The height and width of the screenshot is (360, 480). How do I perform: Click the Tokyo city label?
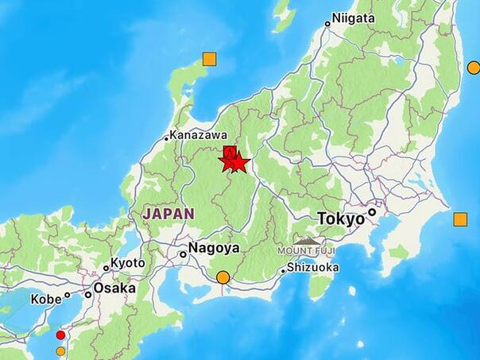click(340, 218)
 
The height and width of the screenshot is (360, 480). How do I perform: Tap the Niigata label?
click(353, 17)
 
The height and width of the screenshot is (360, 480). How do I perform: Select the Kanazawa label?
click(195, 136)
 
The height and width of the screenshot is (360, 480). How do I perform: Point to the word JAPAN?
click(168, 213)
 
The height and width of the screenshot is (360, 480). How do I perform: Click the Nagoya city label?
click(213, 248)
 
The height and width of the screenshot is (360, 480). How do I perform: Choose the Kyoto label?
click(127, 263)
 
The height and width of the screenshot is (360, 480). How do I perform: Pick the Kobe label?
click(45, 300)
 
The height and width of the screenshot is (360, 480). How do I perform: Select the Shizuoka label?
click(313, 268)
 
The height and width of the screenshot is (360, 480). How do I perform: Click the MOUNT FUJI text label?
click(307, 250)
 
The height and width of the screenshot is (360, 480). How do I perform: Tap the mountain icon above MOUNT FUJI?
click(307, 239)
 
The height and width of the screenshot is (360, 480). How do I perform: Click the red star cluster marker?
click(234, 161)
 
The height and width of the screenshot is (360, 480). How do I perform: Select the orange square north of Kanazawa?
click(209, 59)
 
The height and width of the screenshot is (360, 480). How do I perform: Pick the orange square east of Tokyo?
click(460, 219)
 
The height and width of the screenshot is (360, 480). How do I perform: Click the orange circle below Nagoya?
click(223, 277)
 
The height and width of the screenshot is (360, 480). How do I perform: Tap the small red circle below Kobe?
click(60, 335)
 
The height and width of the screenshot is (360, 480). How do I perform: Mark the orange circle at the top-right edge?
click(474, 68)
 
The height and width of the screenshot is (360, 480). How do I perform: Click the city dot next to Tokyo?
click(371, 213)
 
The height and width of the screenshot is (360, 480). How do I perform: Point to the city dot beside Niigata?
click(327, 24)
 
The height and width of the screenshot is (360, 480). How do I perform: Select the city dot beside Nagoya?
click(183, 254)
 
